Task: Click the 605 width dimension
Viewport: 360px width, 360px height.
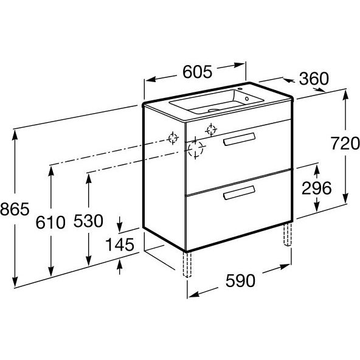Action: coord(197,72)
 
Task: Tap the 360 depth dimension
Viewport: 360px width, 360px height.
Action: coord(314,78)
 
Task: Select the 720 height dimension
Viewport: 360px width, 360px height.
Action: coord(345,144)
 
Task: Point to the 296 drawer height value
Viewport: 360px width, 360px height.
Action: coord(317,188)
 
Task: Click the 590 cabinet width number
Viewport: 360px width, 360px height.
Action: coord(240,281)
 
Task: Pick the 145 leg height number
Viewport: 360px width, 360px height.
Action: coord(120,244)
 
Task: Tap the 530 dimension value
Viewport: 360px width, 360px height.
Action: coord(88,221)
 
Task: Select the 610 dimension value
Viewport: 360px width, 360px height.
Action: coord(50,222)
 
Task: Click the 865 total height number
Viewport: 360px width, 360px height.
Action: coord(15,209)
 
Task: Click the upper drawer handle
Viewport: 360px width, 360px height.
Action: coord(239,139)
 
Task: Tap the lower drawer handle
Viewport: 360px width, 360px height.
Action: coord(239,192)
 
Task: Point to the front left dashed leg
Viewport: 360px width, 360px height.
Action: coord(187,265)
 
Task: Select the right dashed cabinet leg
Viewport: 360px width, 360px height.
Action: coord(288,234)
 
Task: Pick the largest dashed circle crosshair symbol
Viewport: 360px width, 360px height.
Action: coord(195,149)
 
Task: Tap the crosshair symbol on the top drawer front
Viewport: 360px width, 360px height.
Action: coord(211,130)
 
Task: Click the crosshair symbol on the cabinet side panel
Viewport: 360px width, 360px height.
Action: coord(173,138)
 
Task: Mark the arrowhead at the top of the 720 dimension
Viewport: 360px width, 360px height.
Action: coord(345,95)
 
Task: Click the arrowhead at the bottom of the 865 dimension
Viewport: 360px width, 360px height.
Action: coord(15,282)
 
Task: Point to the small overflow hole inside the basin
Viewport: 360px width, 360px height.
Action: coord(247,99)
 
